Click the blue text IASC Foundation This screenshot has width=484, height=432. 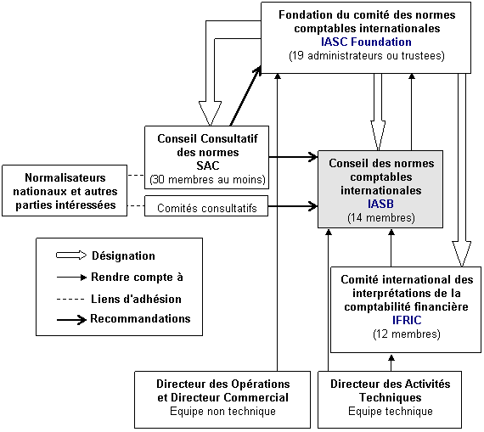coord(366,42)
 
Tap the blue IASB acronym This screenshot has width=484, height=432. coord(380,204)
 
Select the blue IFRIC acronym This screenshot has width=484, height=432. coord(407,320)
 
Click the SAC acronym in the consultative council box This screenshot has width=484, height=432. coord(208,166)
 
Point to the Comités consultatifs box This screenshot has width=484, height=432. coord(206,206)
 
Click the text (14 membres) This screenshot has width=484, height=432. coord(381,218)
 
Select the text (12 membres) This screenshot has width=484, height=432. coord(407,334)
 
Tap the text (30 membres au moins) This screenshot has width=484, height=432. coord(207,180)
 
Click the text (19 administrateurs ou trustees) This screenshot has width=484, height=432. coord(367,56)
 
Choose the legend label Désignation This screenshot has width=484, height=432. coord(123,255)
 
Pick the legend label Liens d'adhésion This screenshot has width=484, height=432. coord(136,299)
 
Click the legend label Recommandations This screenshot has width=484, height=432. coord(140,319)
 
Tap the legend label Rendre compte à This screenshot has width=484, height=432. coord(137,277)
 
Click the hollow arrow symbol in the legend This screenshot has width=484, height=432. coord(71,255)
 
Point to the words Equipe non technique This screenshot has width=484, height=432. coord(222,412)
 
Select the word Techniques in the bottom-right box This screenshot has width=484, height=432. coord(390,397)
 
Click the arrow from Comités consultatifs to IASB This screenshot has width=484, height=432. coord(293,206)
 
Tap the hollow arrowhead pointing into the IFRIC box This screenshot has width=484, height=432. coord(462,254)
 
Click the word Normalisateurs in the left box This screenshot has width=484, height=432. coord(65,177)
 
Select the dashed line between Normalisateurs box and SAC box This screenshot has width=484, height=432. coord(136,176)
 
